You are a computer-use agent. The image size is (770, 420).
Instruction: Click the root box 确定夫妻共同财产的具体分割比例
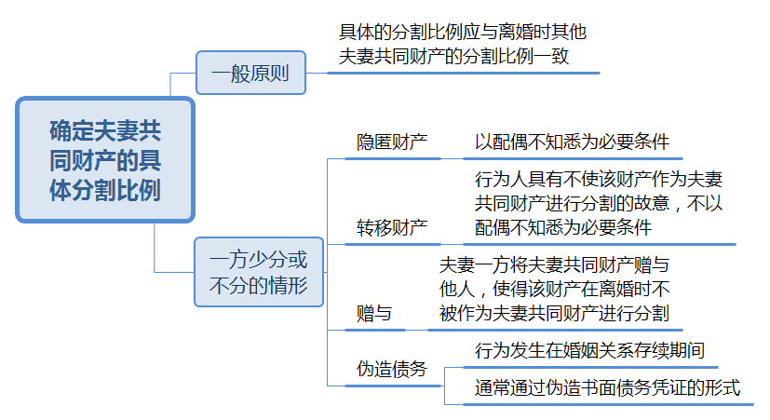[x=104, y=160]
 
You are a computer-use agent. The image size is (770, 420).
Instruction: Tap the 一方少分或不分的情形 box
[x=258, y=272]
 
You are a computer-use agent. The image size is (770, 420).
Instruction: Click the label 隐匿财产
[x=392, y=142]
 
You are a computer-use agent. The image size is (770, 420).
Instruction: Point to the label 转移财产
[x=392, y=227]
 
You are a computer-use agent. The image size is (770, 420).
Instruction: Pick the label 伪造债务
[x=392, y=369]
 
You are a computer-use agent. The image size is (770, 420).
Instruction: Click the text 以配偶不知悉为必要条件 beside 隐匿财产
[x=572, y=142]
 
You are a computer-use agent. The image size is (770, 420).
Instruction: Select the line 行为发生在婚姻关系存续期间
[x=588, y=351]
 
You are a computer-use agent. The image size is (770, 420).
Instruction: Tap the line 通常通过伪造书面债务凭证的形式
[x=607, y=386]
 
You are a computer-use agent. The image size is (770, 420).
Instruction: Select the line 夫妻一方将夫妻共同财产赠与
[x=554, y=264]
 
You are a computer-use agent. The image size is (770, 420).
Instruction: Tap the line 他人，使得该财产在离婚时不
[x=554, y=289]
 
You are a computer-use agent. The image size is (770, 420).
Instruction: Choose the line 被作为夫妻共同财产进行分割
[x=554, y=314]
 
